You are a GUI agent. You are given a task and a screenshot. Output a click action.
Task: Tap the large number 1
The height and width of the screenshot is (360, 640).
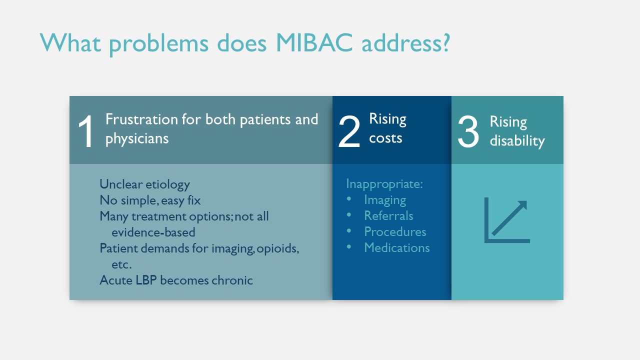click(85, 131)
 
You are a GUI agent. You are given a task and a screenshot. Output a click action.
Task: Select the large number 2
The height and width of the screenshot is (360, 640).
click(349, 131)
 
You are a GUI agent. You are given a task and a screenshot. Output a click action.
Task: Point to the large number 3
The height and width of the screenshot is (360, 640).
click(468, 131)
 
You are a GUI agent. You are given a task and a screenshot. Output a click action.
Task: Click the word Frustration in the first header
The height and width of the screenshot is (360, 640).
click(141, 119)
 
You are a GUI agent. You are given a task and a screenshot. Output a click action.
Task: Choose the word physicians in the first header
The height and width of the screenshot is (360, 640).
click(137, 139)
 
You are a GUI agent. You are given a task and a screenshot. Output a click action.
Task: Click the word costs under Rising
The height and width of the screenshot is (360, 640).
click(385, 138)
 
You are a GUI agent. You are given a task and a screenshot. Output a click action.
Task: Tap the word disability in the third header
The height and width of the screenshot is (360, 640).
click(517, 140)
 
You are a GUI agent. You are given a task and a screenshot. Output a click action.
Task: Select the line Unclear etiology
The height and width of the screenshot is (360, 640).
click(144, 184)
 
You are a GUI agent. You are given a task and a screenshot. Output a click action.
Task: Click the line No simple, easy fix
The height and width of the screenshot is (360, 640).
click(150, 200)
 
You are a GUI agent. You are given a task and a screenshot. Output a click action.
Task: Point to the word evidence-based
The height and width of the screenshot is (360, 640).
click(153, 232)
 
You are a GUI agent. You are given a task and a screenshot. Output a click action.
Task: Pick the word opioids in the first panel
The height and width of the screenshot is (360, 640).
click(277, 248)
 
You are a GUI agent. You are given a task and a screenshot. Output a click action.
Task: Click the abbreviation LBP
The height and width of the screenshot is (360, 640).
click(146, 280)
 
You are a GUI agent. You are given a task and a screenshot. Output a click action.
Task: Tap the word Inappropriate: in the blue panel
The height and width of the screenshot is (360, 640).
click(384, 183)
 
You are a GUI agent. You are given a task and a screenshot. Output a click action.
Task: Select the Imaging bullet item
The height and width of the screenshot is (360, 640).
click(385, 200)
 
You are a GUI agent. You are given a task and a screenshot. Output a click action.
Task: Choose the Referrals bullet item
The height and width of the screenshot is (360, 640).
click(388, 215)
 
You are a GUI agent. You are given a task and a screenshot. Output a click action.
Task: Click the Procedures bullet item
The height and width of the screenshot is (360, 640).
click(395, 231)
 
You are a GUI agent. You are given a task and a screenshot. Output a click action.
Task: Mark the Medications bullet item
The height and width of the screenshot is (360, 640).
click(396, 247)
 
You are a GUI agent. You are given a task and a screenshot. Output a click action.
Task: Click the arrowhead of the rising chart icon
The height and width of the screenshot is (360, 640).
click(521, 205)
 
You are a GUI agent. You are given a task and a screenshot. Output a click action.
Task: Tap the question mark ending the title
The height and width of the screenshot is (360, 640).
click(445, 42)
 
